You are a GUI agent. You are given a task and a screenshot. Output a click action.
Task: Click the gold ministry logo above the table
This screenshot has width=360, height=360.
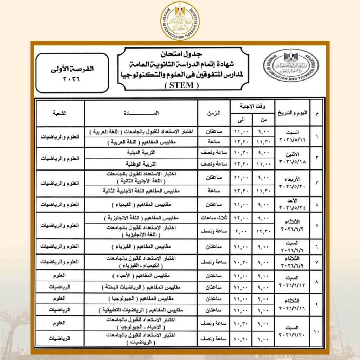(180, 21)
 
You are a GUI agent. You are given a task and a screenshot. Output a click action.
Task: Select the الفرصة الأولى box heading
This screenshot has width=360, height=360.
(72, 69)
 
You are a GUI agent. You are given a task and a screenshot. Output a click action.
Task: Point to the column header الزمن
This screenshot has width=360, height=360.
(214, 113)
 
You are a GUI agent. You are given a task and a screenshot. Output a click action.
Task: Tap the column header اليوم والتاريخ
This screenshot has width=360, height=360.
(292, 113)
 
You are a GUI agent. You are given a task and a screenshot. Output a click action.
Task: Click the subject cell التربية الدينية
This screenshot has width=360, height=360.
(141, 153)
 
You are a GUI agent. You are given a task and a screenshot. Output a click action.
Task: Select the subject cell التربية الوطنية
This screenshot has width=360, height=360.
(141, 164)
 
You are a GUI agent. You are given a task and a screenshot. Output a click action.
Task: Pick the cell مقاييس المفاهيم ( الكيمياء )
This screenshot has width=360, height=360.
(141, 204)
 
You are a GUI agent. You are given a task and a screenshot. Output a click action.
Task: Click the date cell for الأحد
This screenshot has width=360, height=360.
(292, 204)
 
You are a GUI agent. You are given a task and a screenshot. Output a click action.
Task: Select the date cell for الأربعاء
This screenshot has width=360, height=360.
(292, 183)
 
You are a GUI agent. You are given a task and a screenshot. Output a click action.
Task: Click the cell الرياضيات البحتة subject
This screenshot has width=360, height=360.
(141, 287)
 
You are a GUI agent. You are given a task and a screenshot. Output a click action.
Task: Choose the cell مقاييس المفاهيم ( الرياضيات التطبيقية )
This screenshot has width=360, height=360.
(141, 310)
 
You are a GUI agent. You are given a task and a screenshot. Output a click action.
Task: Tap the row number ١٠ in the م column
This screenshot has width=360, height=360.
(317, 330)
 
